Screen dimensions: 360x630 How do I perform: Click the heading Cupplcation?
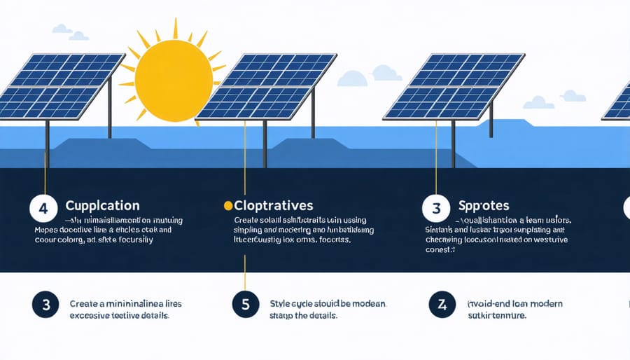(x=102, y=206)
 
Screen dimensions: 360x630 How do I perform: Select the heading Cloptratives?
(x=274, y=206)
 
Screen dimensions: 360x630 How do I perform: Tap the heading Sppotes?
(x=484, y=207)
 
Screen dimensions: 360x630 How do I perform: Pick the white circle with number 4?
(x=42, y=208)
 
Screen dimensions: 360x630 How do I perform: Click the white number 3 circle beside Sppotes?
(x=435, y=208)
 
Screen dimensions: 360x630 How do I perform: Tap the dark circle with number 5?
(x=245, y=305)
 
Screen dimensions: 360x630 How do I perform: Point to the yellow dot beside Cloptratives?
(x=227, y=206)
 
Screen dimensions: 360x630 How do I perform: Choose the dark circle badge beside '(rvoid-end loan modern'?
(x=441, y=305)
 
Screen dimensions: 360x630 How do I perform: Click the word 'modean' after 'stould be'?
(x=368, y=304)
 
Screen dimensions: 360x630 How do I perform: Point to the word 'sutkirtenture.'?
(x=496, y=316)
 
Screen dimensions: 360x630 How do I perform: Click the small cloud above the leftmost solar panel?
(x=62, y=29)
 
